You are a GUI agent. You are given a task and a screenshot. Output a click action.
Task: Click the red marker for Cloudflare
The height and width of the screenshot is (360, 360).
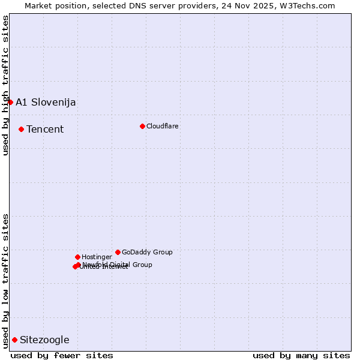(x=142, y=126)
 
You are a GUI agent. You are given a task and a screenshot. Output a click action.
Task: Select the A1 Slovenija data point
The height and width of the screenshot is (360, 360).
(x=10, y=102)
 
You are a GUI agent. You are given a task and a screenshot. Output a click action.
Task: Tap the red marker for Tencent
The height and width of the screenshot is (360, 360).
(x=21, y=129)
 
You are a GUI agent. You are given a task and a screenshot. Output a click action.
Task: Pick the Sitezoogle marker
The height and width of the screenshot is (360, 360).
(x=14, y=340)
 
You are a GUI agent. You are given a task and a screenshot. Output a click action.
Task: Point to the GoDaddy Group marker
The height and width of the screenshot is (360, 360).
(x=118, y=252)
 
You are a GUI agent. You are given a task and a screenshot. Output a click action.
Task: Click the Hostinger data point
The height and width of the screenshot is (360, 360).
(x=77, y=257)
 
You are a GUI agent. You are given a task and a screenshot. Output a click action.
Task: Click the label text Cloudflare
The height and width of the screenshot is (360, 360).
(x=162, y=126)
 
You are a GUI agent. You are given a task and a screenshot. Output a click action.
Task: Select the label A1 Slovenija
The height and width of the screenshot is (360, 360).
(x=46, y=102)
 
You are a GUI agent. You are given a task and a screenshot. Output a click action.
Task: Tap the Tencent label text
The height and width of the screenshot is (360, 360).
(x=45, y=129)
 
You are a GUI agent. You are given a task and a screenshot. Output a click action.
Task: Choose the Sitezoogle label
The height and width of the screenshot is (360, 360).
(x=44, y=340)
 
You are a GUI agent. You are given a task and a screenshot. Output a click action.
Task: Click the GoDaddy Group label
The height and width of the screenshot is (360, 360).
(x=147, y=252)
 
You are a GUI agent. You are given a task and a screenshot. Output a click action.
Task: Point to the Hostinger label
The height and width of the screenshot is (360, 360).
(x=97, y=257)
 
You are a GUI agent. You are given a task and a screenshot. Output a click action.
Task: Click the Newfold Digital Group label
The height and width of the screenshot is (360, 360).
(x=118, y=265)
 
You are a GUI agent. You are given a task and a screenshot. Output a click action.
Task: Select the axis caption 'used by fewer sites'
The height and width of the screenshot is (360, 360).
(x=62, y=355)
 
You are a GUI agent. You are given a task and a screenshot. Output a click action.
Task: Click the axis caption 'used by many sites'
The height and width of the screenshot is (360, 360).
(x=301, y=355)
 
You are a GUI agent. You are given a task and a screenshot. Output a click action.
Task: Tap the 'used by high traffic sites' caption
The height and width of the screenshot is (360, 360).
(x=5, y=85)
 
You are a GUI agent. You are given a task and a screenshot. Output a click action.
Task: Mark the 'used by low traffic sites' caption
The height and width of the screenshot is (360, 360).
(x=5, y=280)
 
